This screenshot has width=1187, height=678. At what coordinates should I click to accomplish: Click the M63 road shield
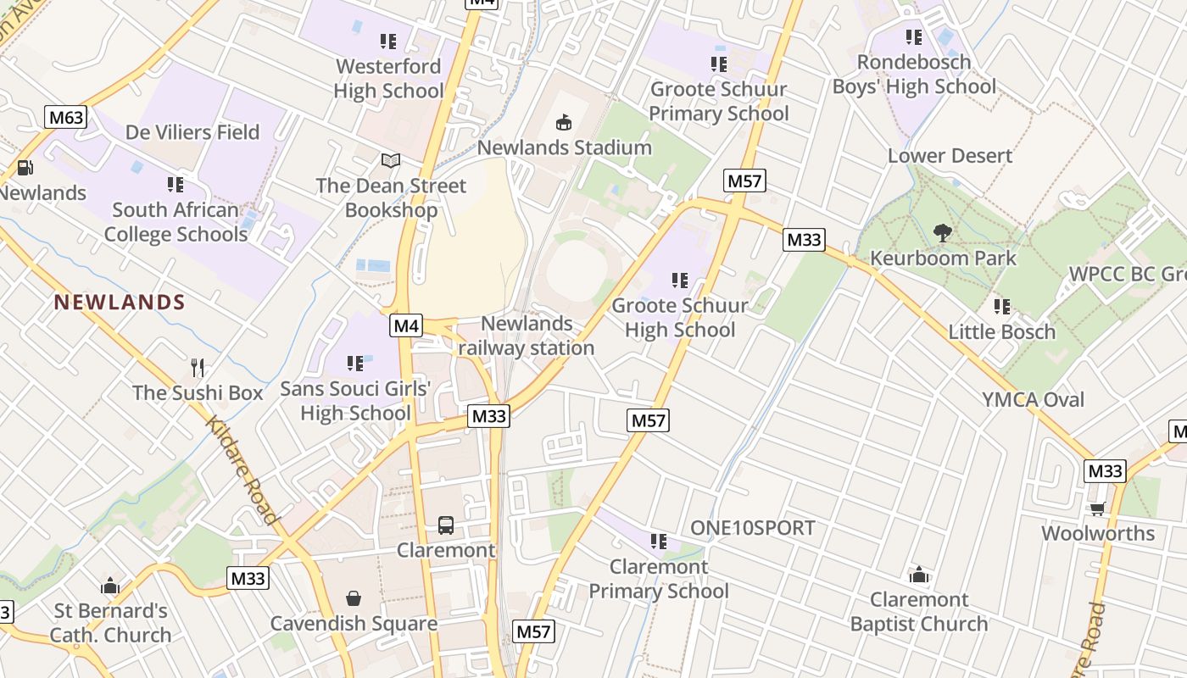pos(65,117)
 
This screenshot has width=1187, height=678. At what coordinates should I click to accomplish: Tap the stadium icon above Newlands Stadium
pos(563,123)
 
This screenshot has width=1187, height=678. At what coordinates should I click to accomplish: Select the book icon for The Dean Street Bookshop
pos(390,160)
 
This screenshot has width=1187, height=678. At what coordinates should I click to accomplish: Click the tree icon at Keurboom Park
pos(942,233)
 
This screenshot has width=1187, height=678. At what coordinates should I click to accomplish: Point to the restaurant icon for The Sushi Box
pos(198,367)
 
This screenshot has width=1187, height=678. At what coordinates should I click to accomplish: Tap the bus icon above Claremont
pos(446,525)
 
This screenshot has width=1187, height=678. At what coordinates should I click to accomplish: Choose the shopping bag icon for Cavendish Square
pos(354,598)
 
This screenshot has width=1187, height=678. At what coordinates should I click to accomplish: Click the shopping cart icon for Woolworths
pos(1097,508)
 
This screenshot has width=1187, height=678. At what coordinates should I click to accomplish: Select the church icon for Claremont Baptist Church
pos(919,575)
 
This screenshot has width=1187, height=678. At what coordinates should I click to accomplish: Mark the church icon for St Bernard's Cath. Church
pos(110,586)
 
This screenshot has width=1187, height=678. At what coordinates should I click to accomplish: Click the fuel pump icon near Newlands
pos(25,168)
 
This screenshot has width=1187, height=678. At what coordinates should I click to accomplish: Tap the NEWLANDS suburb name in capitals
pos(120,303)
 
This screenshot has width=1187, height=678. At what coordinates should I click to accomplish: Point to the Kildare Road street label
pos(242,470)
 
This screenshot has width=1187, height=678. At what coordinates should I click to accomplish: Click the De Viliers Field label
pos(192,132)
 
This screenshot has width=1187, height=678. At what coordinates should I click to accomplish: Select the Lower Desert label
pos(950,156)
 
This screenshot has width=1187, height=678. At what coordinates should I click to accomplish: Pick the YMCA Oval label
pos(1033,399)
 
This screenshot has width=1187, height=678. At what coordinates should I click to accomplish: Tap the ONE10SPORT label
pos(752,528)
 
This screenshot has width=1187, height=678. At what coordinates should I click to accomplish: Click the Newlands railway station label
pos(527,336)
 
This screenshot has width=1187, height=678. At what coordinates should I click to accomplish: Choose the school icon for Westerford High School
pos(388,41)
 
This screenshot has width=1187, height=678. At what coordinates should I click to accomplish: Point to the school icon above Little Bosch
pos(1001,306)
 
